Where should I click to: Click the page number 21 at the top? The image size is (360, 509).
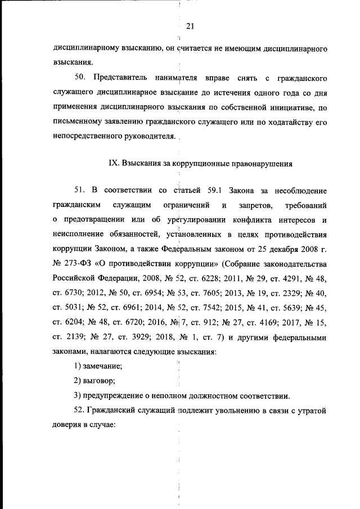[x=189, y=26]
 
